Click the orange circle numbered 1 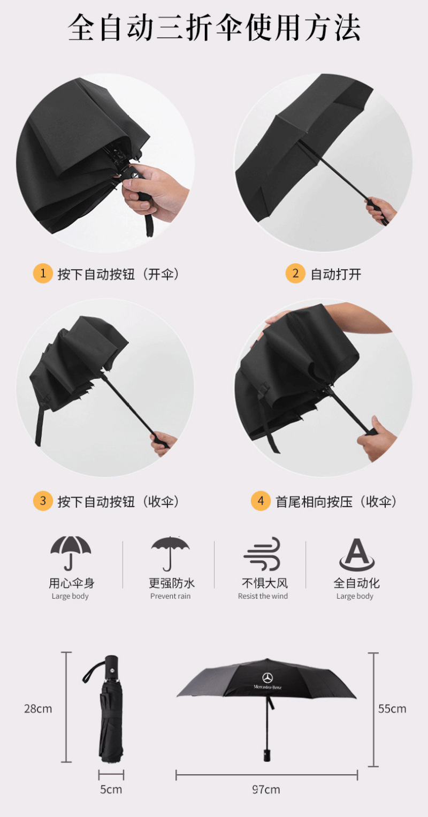pyautogui.click(x=43, y=273)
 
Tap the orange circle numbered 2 pyautogui.click(x=295, y=273)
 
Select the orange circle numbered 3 pyautogui.click(x=43, y=501)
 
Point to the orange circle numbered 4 pyautogui.click(x=261, y=501)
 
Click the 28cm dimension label pyautogui.click(x=38, y=709)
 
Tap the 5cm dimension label pyautogui.click(x=111, y=789)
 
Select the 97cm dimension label pyautogui.click(x=266, y=789)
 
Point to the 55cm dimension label pyautogui.click(x=392, y=709)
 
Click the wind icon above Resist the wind pyautogui.click(x=262, y=554)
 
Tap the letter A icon pyautogui.click(x=357, y=554)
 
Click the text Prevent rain pyautogui.click(x=170, y=596)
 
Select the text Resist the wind pyautogui.click(x=263, y=596)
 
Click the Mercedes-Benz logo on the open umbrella pyautogui.click(x=268, y=681)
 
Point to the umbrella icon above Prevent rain pyautogui.click(x=170, y=554)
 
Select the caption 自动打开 pyautogui.click(x=336, y=274)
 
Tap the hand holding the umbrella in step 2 pyautogui.click(x=380, y=210)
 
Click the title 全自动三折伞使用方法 pyautogui.click(x=215, y=27)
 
